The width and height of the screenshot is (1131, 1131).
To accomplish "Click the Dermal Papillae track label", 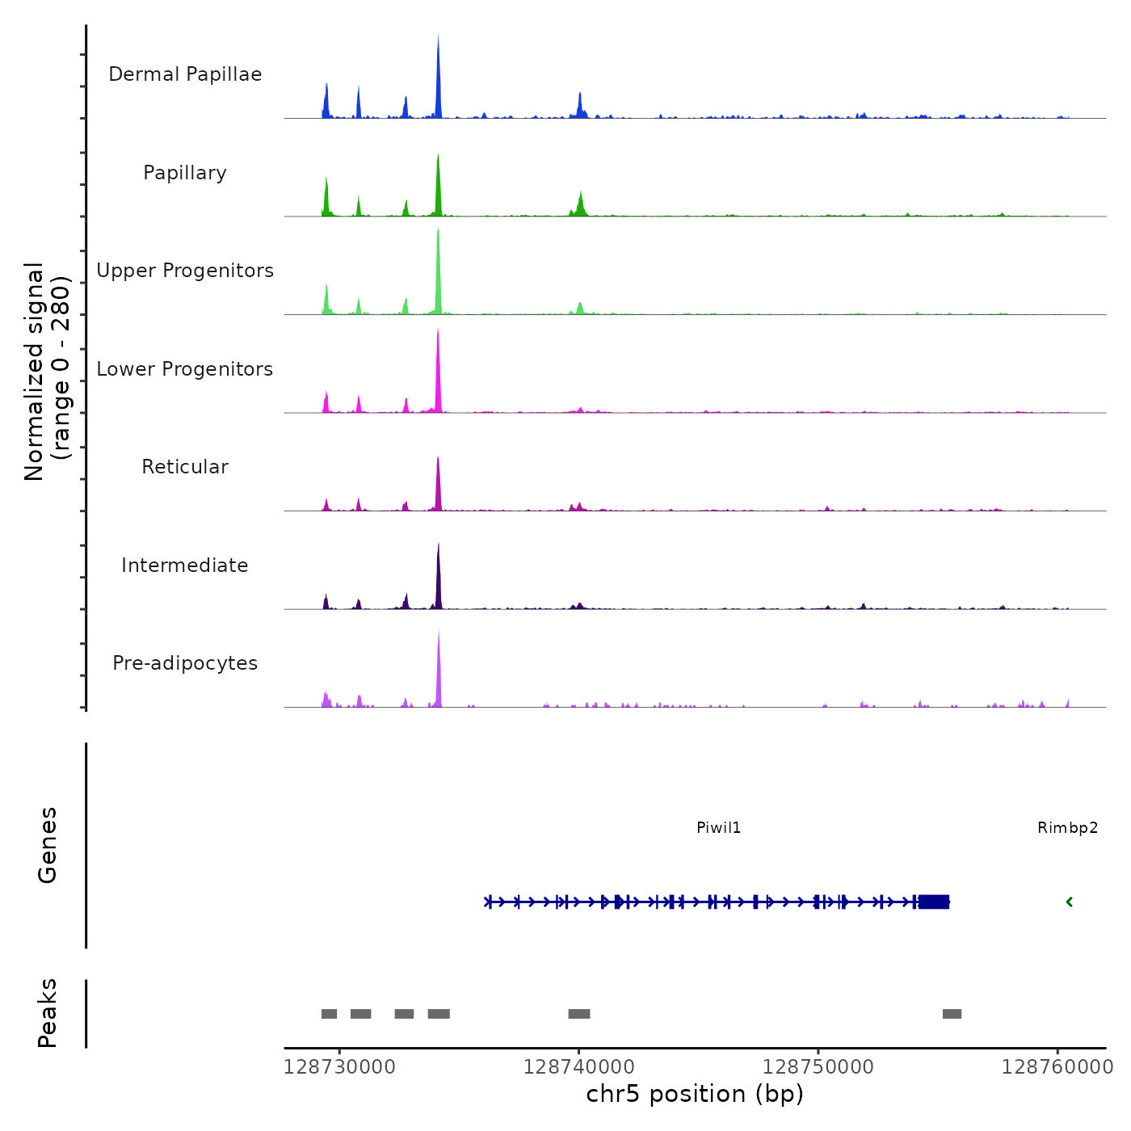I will (x=185, y=74).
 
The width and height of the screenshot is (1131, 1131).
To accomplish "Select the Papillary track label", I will (x=185, y=173).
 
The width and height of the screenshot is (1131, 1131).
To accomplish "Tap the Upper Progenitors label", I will (x=185, y=271).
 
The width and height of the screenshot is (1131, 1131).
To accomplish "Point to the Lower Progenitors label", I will (x=185, y=369).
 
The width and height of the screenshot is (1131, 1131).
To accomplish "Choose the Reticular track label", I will (x=185, y=467).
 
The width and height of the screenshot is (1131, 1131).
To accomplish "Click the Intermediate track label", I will (x=185, y=565).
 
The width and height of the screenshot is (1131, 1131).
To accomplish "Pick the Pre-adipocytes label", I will (x=185, y=663).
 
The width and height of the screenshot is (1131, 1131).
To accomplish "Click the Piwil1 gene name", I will (x=718, y=828).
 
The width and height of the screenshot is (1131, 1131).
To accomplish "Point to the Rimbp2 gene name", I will (x=1067, y=828).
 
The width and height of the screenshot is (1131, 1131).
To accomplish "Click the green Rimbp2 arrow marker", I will (x=1069, y=902).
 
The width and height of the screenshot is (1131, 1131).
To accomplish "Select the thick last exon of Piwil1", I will (x=934, y=902).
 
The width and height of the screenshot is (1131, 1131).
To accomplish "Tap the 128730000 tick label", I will (x=339, y=1067).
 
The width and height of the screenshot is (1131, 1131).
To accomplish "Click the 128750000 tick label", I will (x=818, y=1067).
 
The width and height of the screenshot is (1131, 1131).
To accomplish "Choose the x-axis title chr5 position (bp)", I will (x=695, y=1095).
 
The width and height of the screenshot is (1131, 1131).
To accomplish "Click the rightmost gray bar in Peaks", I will (x=952, y=1014).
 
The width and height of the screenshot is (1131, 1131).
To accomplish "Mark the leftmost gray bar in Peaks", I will (x=329, y=1014).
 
